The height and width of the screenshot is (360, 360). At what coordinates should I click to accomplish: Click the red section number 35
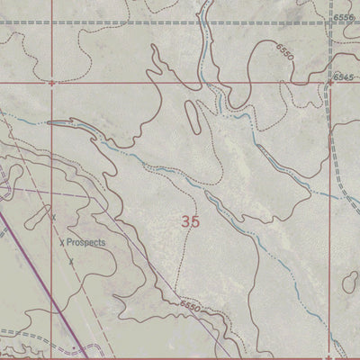click(190, 220)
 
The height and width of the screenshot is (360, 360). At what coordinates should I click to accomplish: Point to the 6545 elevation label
click(342, 77)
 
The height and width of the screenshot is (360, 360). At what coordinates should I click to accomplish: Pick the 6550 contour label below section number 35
click(192, 308)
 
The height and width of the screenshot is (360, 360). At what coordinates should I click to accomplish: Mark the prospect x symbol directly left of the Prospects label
click(61, 242)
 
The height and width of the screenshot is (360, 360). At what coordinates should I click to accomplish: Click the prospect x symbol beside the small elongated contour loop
click(53, 217)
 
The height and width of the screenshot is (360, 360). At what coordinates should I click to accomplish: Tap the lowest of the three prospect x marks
click(70, 261)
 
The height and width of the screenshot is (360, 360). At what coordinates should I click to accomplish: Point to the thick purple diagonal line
click(36, 288)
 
